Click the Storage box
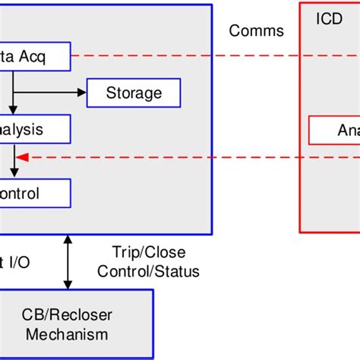(x=134, y=93)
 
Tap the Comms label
(x=256, y=31)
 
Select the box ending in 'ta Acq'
(x=35, y=58)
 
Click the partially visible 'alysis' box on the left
(x=35, y=130)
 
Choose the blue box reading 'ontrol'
(x=35, y=193)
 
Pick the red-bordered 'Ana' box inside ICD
(x=334, y=130)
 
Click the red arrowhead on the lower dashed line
(x=23, y=157)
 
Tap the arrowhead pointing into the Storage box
(x=83, y=93)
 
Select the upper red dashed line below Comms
(x=182, y=55)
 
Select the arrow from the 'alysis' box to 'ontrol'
(x=13, y=161)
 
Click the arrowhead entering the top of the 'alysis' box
(x=13, y=110)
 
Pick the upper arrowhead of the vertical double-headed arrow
(x=69, y=238)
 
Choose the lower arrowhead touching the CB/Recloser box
(x=69, y=286)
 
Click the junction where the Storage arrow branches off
(x=13, y=93)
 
